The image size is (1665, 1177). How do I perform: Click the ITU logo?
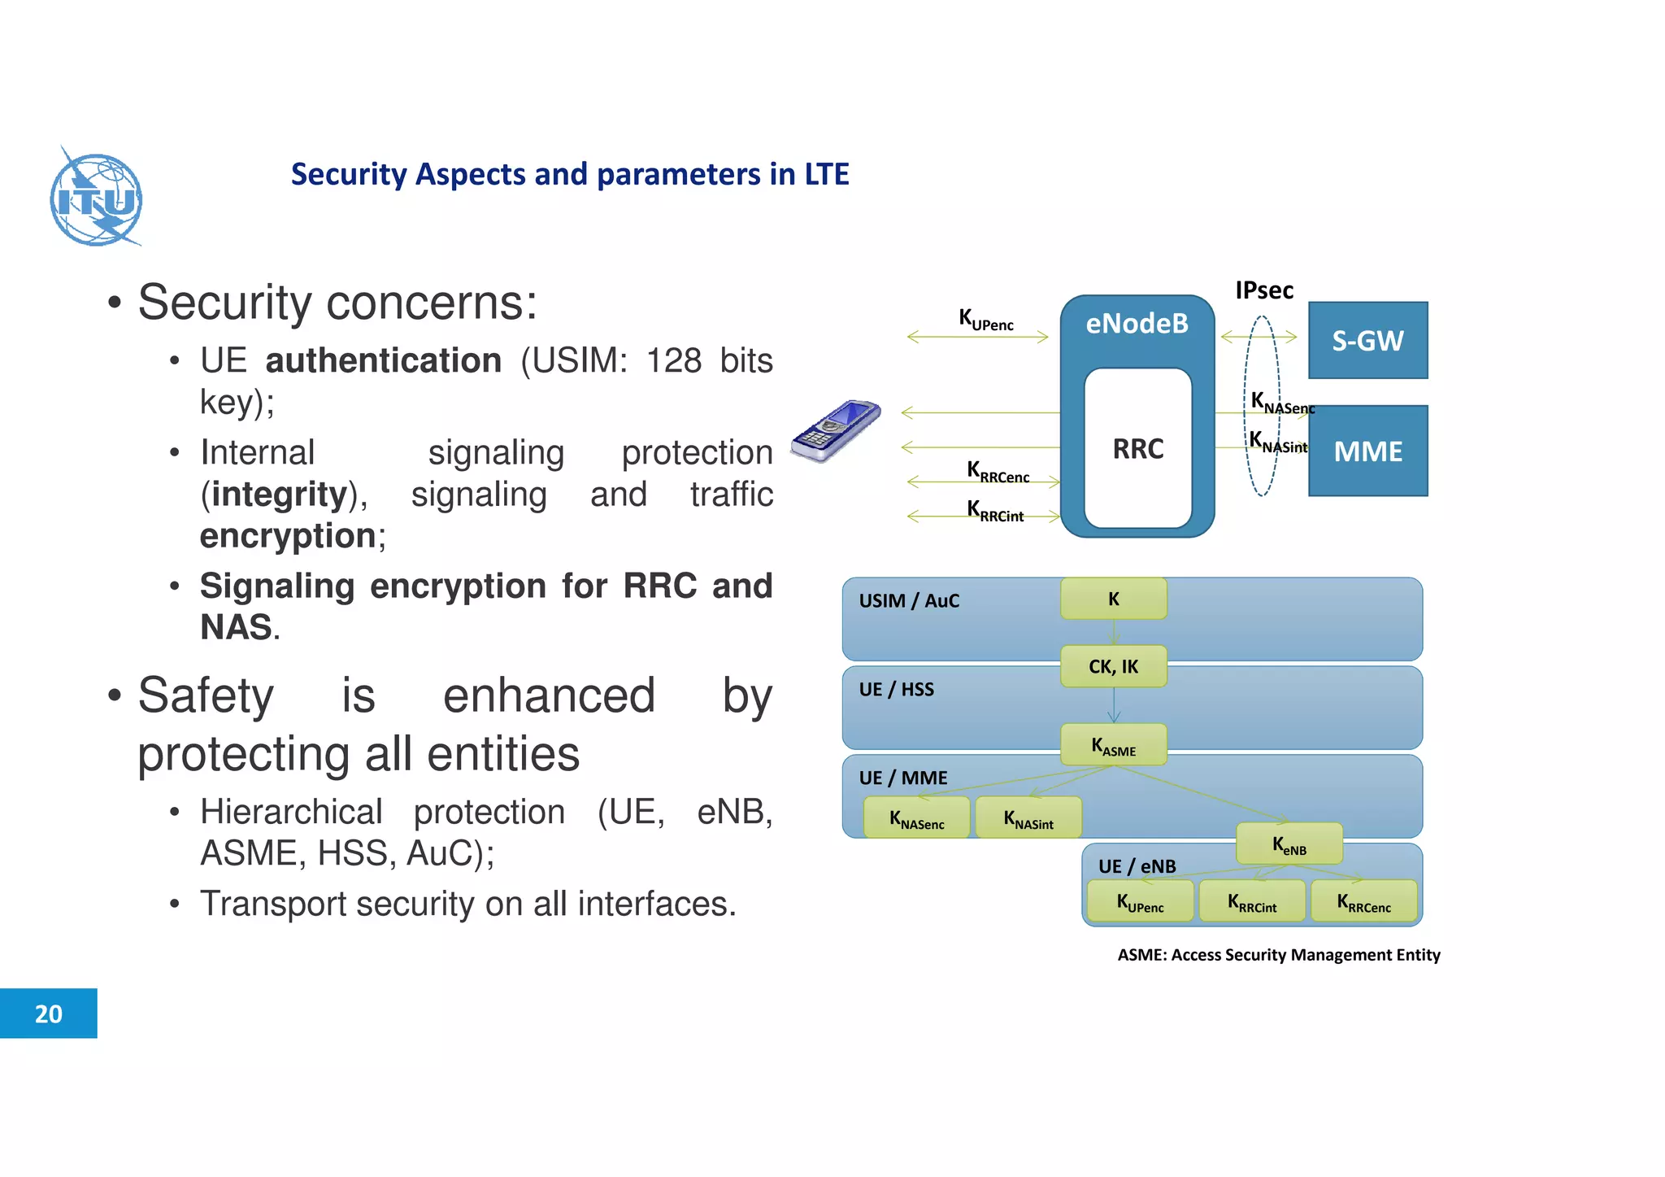point(96,198)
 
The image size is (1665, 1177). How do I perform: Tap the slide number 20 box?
point(48,1013)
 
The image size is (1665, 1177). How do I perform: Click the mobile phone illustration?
point(836,430)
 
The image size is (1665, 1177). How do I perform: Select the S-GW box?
point(1367,340)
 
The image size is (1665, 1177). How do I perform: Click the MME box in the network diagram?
point(1367,451)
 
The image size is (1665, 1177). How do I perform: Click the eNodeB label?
point(1137,324)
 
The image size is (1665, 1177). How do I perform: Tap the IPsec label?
point(1263,290)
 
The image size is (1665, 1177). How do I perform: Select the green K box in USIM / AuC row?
point(1113,599)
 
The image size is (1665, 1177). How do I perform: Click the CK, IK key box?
point(1113,666)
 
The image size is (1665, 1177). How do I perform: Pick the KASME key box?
point(1113,745)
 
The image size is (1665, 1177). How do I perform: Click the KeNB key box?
point(1289,844)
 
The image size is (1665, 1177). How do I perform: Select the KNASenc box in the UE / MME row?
point(916,817)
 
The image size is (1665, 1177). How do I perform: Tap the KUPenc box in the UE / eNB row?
point(1140,901)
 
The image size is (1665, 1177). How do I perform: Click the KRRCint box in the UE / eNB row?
point(1252,901)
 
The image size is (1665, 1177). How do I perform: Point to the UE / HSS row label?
point(896,689)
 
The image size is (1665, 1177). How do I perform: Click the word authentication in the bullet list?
point(383,360)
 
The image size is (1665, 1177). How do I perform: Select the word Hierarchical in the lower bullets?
point(291,812)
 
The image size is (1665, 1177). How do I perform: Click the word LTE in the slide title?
point(826,174)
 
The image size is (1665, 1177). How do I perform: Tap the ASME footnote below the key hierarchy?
point(1278,954)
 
